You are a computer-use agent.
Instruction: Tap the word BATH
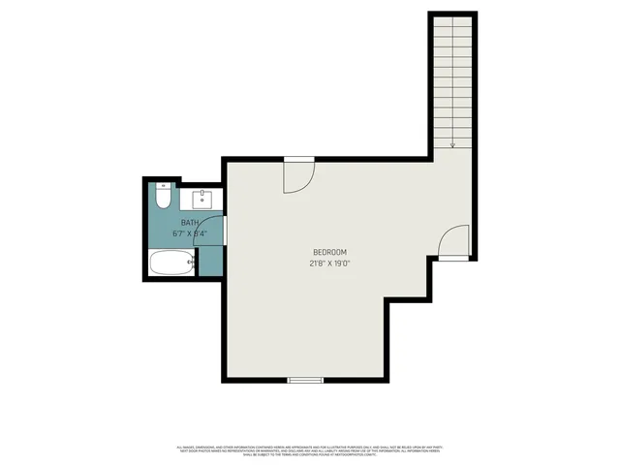click(x=180, y=223)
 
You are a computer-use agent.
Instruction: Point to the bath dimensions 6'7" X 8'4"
click(x=186, y=233)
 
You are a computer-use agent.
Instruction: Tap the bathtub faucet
click(x=192, y=263)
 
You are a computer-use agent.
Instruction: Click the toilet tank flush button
click(x=164, y=185)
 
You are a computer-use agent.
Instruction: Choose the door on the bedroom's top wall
click(x=298, y=174)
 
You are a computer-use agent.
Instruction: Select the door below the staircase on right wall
click(x=453, y=242)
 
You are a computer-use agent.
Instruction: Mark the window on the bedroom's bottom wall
click(x=305, y=380)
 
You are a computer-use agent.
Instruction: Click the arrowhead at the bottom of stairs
click(x=452, y=145)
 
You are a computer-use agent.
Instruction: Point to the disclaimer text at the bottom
click(x=310, y=450)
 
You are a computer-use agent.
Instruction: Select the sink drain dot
click(x=204, y=195)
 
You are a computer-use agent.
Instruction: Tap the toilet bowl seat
click(x=164, y=201)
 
